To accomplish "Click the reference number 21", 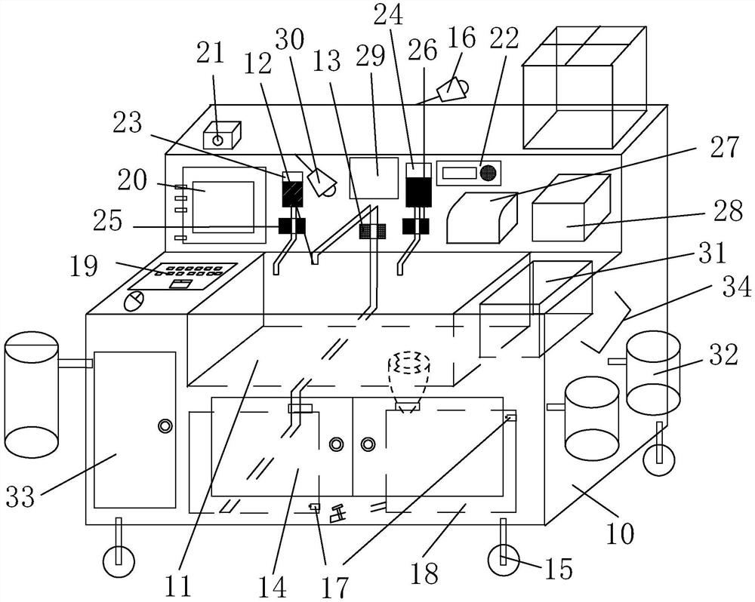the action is pyautogui.click(x=211, y=53).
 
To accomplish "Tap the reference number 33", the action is pyautogui.click(x=20, y=496).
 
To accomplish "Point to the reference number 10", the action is pyautogui.click(x=619, y=533).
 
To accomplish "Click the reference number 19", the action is pyautogui.click(x=84, y=266).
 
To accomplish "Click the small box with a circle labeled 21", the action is pyautogui.click(x=222, y=135).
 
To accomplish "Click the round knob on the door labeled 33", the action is pyautogui.click(x=165, y=426).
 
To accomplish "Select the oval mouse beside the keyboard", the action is pyautogui.click(x=134, y=301).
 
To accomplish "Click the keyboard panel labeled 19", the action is pyautogui.click(x=183, y=276).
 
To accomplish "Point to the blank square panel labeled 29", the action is pyautogui.click(x=374, y=177).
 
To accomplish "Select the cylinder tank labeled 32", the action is pyautogui.click(x=653, y=373).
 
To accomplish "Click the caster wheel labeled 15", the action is pyautogui.click(x=503, y=561).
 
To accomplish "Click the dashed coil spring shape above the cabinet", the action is pyautogui.click(x=408, y=364).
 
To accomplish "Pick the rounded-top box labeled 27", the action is pyautogui.click(x=482, y=217).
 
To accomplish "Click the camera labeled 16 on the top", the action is pyautogui.click(x=452, y=88).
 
